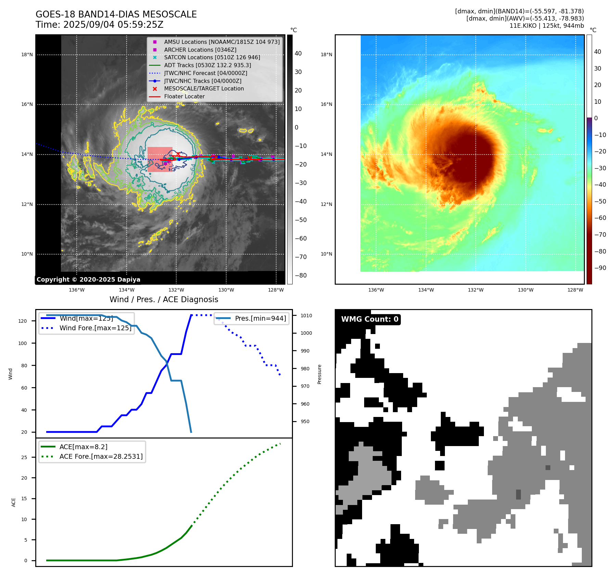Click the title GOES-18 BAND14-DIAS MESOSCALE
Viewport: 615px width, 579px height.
pyautogui.click(x=116, y=14)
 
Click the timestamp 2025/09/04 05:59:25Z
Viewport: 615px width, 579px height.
pyautogui.click(x=113, y=25)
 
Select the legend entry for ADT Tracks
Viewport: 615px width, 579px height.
pyautogui.click(x=207, y=65)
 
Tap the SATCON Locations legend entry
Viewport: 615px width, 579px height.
pyautogui.click(x=212, y=57)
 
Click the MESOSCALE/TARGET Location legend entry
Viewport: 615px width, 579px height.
pyautogui.click(x=204, y=88)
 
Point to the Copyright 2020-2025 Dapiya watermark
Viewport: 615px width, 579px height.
pyautogui.click(x=88, y=280)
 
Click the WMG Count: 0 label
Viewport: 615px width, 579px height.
pyautogui.click(x=370, y=319)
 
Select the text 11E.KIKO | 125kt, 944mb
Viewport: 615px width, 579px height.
pyautogui.click(x=547, y=26)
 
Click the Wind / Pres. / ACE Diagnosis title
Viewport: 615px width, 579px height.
pyautogui.click(x=164, y=299)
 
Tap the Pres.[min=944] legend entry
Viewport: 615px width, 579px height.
pyautogui.click(x=260, y=318)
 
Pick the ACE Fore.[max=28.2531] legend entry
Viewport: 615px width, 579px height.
pyautogui.click(x=101, y=456)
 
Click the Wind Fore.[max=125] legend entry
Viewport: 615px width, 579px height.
pyautogui.click(x=95, y=328)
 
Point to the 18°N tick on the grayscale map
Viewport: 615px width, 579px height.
pyautogui.click(x=27, y=54)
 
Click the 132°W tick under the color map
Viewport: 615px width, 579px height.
pyautogui.click(x=475, y=290)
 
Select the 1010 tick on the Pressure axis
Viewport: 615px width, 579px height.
pyautogui.click(x=306, y=316)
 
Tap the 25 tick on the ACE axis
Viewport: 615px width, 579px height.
pyautogui.click(x=24, y=457)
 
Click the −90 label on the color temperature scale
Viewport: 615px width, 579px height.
pyautogui.click(x=600, y=268)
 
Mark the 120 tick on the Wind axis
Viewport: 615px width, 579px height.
pyautogui.click(x=23, y=321)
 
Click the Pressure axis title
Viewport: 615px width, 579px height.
pyautogui.click(x=319, y=374)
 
